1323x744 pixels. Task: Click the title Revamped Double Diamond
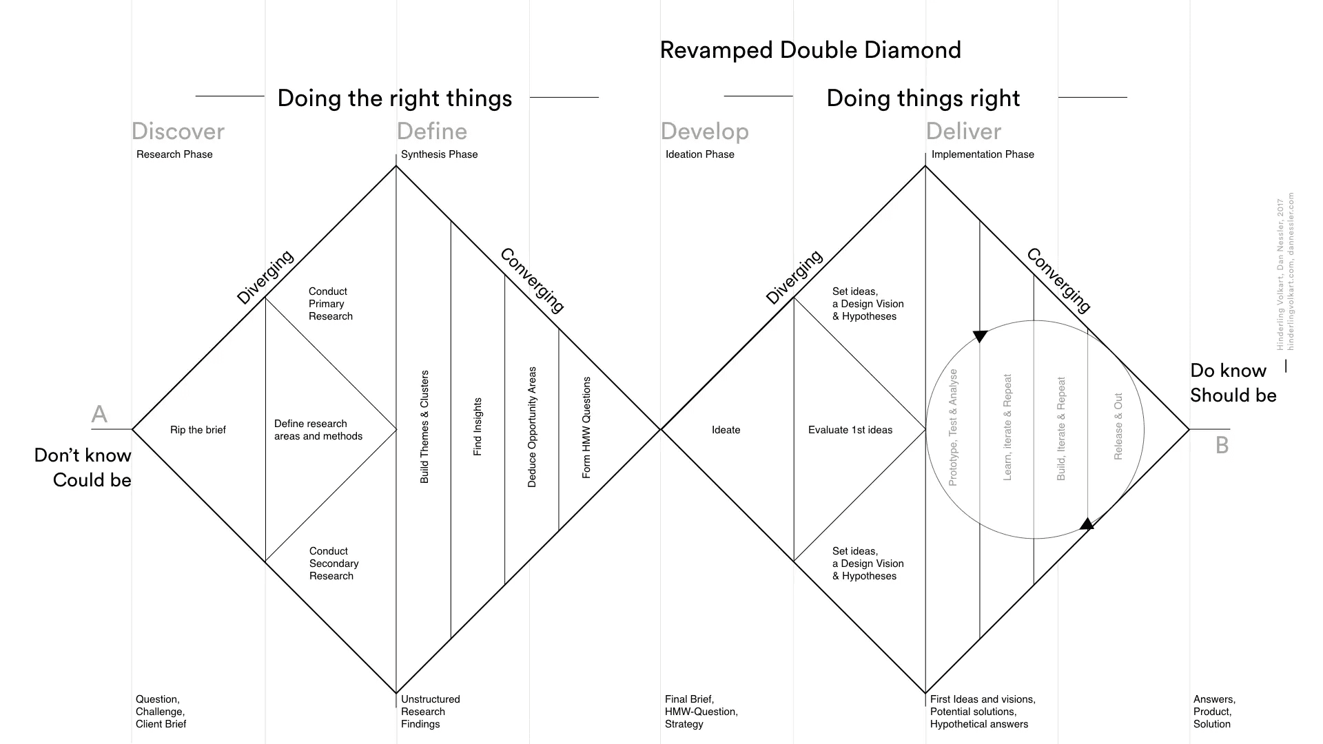coord(810,50)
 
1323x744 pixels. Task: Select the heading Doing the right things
coord(395,99)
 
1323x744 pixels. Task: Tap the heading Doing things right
coord(923,99)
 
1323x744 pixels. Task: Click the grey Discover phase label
coord(178,131)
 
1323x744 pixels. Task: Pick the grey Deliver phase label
coord(963,131)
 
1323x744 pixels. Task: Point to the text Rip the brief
coord(198,430)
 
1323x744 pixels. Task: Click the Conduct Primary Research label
coord(330,304)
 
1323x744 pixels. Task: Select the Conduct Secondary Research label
coord(334,564)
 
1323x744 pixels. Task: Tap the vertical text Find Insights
coord(478,427)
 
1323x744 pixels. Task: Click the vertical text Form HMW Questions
coord(586,428)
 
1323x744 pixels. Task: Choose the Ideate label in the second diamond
coord(726,430)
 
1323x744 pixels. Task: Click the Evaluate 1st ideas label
coord(850,430)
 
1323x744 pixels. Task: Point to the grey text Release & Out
coord(1118,426)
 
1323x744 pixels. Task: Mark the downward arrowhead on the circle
coord(980,337)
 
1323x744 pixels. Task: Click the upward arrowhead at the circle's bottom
coord(1087,524)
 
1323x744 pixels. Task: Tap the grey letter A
coord(99,414)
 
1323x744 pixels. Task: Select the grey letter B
coord(1222,445)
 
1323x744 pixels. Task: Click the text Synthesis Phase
coord(439,154)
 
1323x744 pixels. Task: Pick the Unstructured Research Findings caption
coord(430,712)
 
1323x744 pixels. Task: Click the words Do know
coord(1228,371)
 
